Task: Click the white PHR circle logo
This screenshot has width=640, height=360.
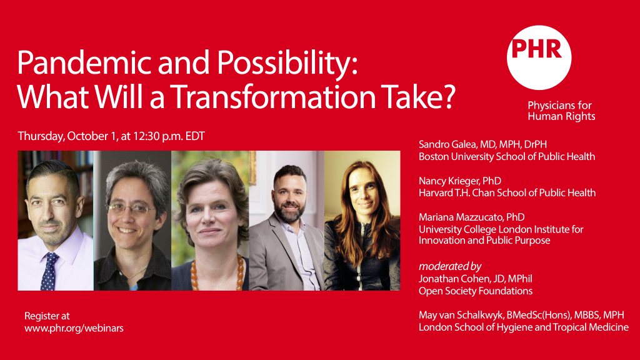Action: [539, 57]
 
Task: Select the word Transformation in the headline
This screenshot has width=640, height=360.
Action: [272, 97]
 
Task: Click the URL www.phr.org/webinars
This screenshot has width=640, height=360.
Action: [74, 328]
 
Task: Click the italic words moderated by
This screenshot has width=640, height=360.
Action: [450, 266]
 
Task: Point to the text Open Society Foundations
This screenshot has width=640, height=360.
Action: [476, 291]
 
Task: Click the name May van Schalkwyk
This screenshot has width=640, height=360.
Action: [461, 315]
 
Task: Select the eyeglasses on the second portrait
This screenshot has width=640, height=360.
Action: [131, 209]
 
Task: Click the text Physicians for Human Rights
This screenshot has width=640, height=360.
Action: [561, 111]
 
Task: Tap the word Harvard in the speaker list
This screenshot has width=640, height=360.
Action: [434, 193]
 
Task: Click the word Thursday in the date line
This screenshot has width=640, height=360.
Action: [41, 136]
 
